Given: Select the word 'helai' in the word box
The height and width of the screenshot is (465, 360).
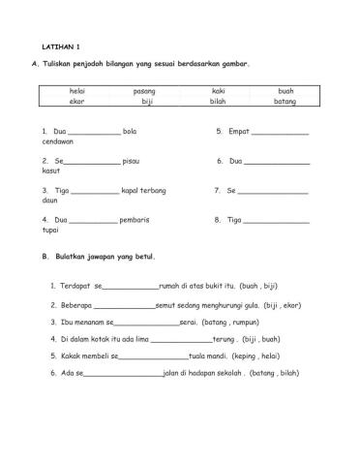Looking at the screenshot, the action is [x=77, y=90].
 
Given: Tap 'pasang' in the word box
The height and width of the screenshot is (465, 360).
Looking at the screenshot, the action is [x=144, y=90].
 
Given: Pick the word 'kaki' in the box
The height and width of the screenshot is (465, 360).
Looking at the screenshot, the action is [x=218, y=90].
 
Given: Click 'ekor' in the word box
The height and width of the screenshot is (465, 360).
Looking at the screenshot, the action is [x=77, y=101].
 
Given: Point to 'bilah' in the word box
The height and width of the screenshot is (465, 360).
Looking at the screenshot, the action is [x=218, y=101].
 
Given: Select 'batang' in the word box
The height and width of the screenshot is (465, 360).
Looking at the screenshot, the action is [x=285, y=101].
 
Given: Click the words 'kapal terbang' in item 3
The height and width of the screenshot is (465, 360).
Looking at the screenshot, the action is [x=143, y=190].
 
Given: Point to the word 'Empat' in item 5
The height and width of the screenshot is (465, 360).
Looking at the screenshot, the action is [x=239, y=131].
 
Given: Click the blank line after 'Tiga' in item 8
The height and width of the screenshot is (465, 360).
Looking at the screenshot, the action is [x=277, y=221].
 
